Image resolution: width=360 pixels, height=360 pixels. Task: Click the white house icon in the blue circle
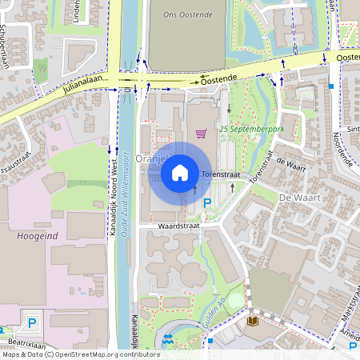click(180, 171)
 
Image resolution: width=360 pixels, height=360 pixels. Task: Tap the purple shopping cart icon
click(201, 134)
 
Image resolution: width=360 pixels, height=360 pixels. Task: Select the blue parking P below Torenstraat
click(207, 204)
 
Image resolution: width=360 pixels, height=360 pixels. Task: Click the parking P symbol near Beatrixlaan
click(32, 323)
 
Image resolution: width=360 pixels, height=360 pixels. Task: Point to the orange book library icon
click(253, 321)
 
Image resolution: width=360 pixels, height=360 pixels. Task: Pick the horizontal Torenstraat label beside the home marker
click(221, 174)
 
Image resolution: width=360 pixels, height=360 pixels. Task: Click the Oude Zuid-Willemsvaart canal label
click(126, 191)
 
